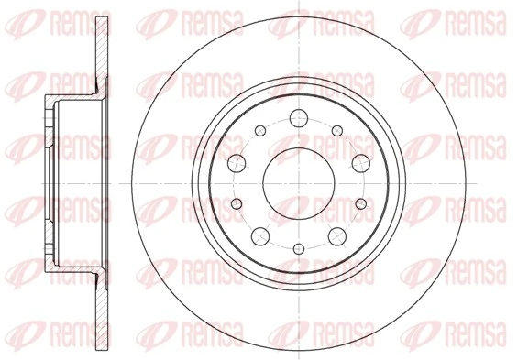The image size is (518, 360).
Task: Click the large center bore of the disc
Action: click(298, 178)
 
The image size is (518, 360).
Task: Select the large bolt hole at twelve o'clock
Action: click(298, 117)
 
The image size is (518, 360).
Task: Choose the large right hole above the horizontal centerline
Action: click(358, 163)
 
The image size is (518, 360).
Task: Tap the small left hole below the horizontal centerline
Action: click(237, 202)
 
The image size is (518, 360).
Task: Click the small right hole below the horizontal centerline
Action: click(360, 202)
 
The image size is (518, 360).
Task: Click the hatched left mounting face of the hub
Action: click(49, 178)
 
